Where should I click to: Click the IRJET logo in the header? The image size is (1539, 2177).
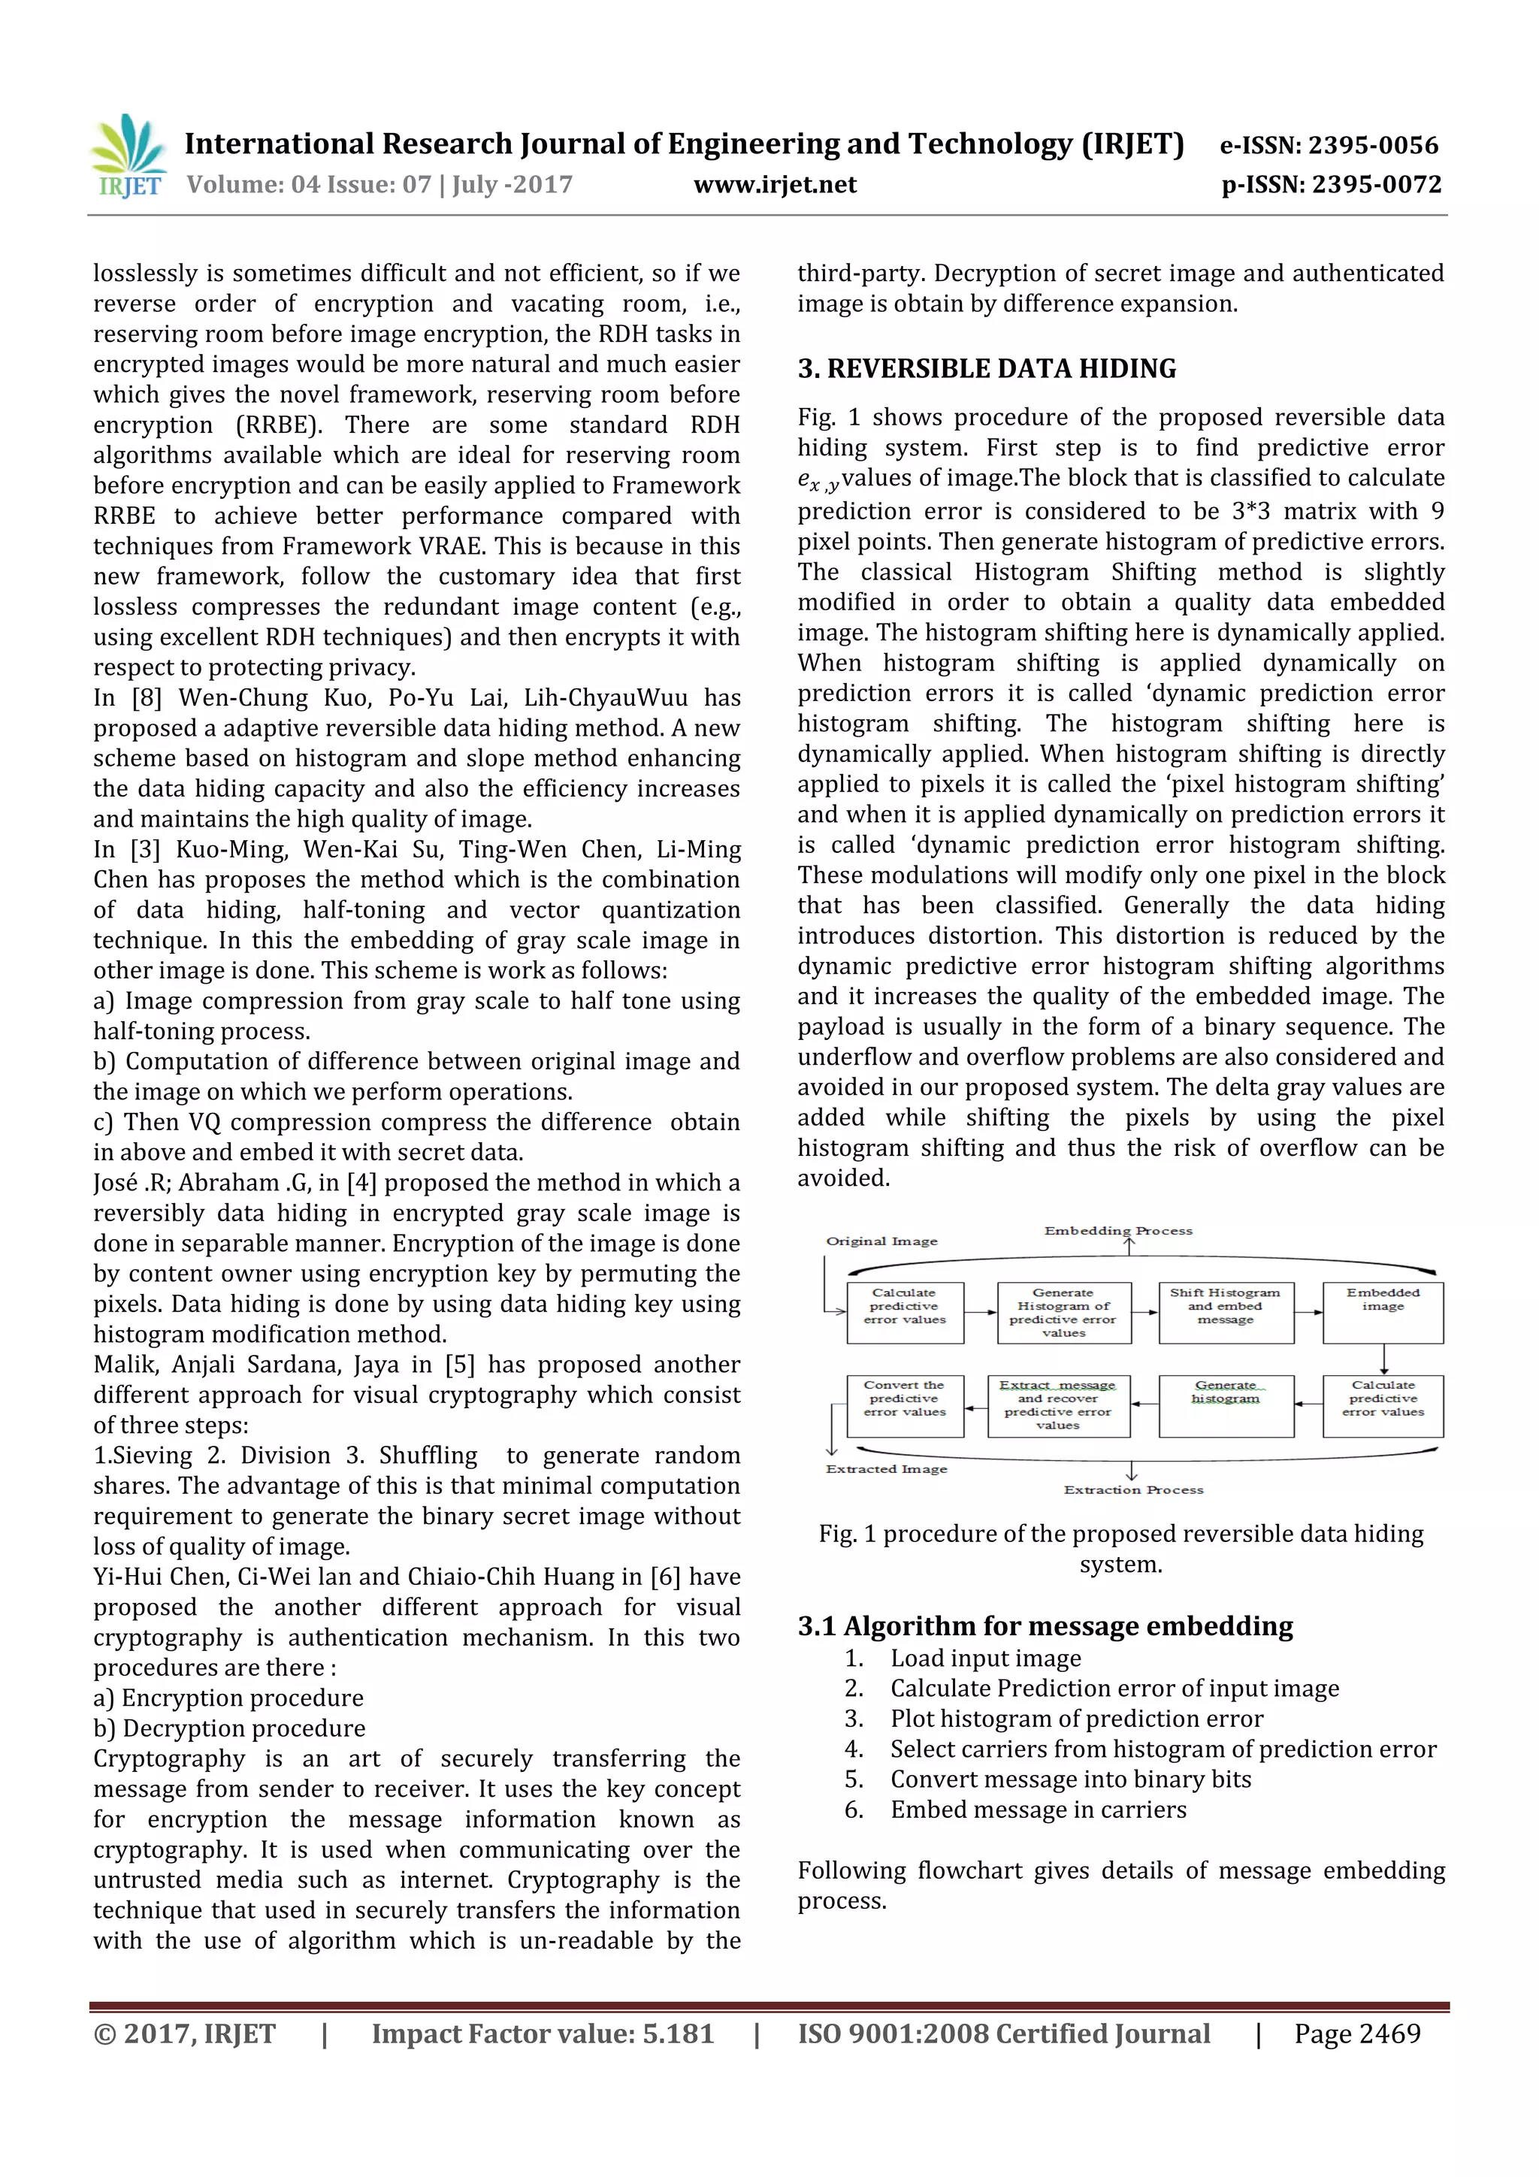point(128,157)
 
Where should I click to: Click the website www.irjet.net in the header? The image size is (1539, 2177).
point(775,185)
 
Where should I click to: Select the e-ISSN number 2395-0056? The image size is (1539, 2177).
point(1373,145)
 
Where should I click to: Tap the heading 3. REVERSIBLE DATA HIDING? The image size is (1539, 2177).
point(986,369)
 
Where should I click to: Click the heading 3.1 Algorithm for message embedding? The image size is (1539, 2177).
point(1045,1625)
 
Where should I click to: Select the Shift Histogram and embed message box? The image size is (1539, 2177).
point(1225,1312)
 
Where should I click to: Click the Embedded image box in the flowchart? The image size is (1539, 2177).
point(1383,1312)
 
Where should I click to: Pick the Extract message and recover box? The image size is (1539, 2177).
point(1058,1405)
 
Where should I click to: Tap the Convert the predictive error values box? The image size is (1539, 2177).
point(905,1405)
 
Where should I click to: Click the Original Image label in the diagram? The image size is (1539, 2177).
point(882,1241)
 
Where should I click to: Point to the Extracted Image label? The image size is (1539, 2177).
point(887,1468)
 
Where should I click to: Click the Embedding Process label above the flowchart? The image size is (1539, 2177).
point(1119,1231)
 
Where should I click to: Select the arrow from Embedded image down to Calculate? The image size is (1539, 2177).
point(1383,1359)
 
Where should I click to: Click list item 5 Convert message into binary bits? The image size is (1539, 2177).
point(1069,1779)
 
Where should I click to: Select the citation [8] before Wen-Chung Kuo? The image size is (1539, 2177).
point(147,698)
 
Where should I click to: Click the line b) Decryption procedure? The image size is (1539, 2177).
point(229,1728)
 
